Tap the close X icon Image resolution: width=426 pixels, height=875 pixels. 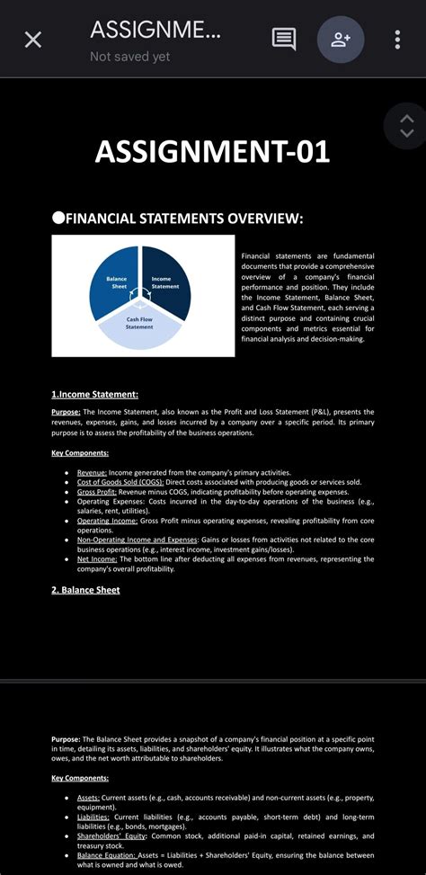[x=33, y=40]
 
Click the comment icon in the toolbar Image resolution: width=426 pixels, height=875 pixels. [x=284, y=40]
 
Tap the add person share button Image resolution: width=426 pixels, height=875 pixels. [x=341, y=40]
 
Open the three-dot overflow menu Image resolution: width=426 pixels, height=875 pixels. [x=397, y=40]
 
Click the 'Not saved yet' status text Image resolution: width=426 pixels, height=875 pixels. [x=129, y=57]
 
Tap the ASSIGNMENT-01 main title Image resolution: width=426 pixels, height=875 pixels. [x=213, y=151]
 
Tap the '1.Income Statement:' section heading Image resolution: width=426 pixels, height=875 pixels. [x=94, y=394]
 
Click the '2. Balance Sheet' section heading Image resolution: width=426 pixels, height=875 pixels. [x=85, y=590]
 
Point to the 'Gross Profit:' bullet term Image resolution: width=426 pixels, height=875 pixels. [x=97, y=492]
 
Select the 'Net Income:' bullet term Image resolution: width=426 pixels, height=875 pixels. [x=96, y=558]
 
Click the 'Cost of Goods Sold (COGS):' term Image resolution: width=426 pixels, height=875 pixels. [x=120, y=482]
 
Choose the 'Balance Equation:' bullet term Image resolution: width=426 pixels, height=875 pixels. [x=107, y=854]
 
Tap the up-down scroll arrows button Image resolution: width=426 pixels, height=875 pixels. [x=406, y=126]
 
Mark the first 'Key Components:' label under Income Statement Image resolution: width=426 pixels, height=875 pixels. [x=80, y=453]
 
